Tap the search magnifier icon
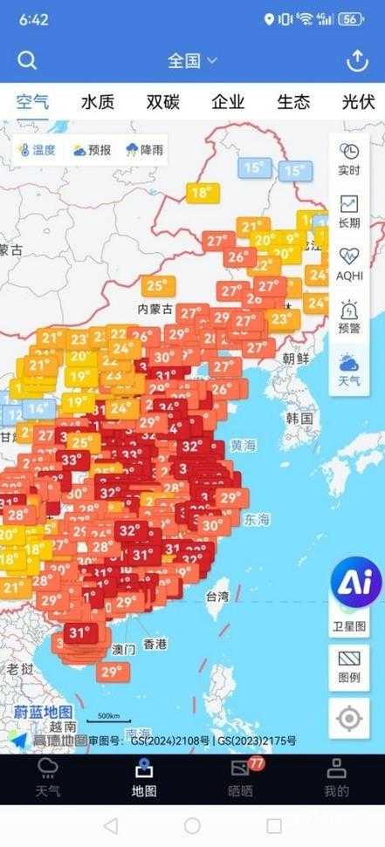[27, 60]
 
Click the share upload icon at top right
[357, 60]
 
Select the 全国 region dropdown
[192, 60]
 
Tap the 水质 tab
[98, 102]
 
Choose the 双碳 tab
[162, 102]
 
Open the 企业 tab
[229, 102]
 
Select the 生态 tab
[293, 102]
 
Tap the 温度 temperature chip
[38, 150]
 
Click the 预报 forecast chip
[92, 150]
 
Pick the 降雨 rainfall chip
[145, 150]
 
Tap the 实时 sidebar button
[348, 159]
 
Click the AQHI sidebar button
[348, 263]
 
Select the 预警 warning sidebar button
[348, 317]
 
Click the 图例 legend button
[348, 667]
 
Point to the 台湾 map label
[217, 597]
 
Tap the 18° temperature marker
[201, 193]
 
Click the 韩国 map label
[299, 419]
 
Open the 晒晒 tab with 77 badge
[240, 779]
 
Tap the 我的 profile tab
[336, 779]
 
